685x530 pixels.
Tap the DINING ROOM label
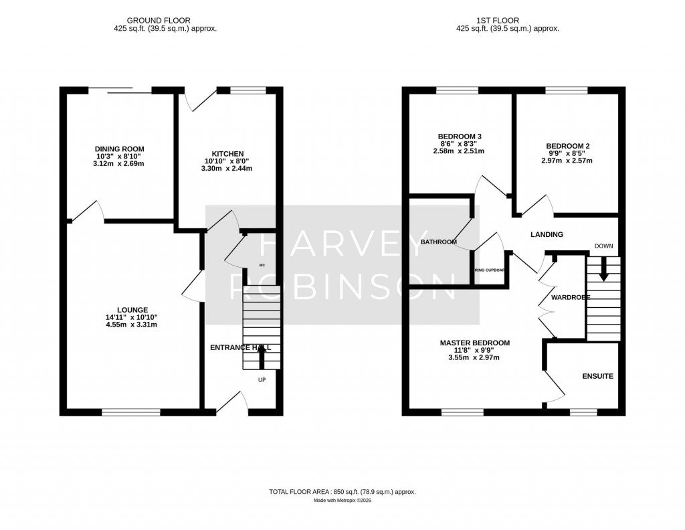[119, 149]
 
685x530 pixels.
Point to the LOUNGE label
[132, 309]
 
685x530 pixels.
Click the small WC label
[262, 266]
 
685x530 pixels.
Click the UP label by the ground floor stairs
[262, 379]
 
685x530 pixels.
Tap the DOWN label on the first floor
[603, 246]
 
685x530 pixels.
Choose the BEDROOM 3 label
[460, 137]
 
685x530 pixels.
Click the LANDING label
[547, 235]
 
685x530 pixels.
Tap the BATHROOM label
[438, 242]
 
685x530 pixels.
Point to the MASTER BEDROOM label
[474, 343]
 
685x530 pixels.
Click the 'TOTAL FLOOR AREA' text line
[342, 492]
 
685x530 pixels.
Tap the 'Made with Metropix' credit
[342, 501]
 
